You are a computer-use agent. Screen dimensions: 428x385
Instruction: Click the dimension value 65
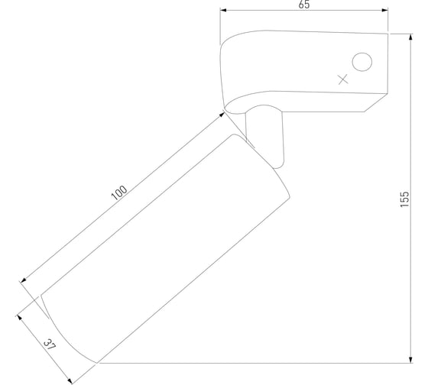pos(304,5)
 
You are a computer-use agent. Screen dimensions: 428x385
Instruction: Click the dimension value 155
pos(404,199)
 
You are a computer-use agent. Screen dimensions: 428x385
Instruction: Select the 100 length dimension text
pos(119,192)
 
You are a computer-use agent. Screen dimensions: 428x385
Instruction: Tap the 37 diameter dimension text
pos(50,345)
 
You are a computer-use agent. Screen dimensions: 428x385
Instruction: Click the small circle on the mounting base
pos(362,62)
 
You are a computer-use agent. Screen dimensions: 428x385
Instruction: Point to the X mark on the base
pos(343,79)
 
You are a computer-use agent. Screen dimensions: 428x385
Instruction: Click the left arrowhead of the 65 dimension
pos(223,10)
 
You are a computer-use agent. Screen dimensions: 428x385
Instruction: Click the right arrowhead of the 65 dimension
pos(384,10)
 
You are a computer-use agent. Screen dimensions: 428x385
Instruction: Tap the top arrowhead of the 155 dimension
pos(410,37)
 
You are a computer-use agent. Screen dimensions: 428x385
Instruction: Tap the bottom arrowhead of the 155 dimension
pos(410,360)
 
